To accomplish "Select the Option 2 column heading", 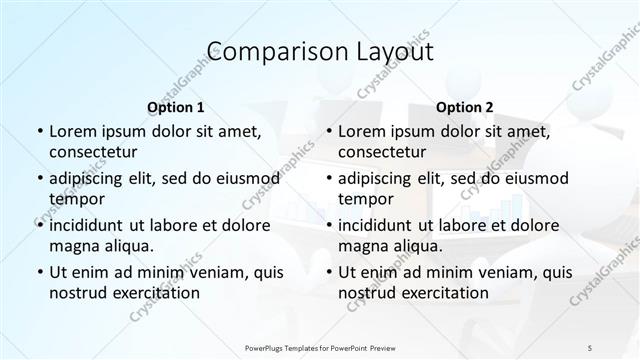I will (x=463, y=106).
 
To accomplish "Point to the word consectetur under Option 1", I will (x=92, y=152).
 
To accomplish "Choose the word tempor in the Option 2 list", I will (x=365, y=199).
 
